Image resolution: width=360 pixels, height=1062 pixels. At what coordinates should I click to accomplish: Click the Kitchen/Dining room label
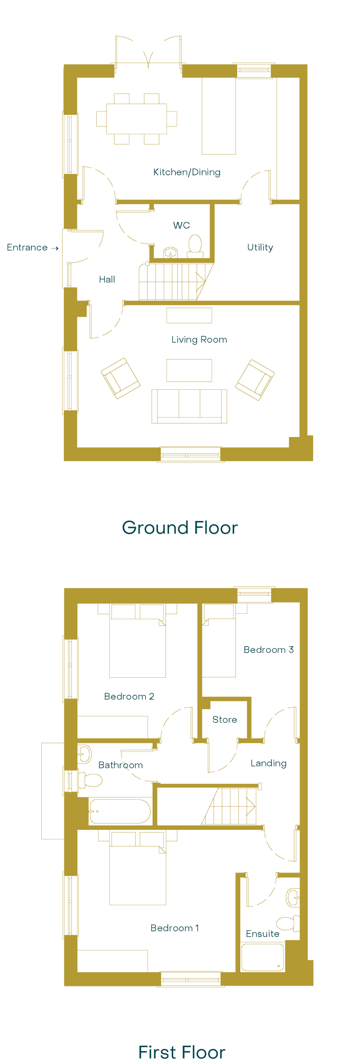click(x=187, y=172)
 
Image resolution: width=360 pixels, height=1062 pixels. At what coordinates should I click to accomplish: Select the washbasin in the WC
click(x=171, y=252)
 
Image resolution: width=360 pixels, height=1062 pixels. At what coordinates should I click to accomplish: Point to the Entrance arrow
click(x=55, y=248)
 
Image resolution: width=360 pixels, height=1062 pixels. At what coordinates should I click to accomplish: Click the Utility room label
click(x=260, y=247)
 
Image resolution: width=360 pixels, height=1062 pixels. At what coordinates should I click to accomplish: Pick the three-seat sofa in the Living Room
click(x=189, y=406)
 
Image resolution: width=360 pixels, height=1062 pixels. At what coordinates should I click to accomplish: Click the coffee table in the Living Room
click(x=189, y=370)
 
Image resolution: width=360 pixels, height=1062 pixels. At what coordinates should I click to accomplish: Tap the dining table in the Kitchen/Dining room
click(x=136, y=119)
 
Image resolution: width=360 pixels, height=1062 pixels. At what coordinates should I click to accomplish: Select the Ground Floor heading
click(x=180, y=527)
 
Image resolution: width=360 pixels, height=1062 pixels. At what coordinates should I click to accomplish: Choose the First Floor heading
click(x=181, y=1052)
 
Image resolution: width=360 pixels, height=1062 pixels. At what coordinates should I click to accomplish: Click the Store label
click(x=225, y=720)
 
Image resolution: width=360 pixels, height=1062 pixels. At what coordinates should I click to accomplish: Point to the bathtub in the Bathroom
click(x=120, y=811)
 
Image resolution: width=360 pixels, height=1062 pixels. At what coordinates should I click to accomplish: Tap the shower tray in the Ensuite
click(x=262, y=957)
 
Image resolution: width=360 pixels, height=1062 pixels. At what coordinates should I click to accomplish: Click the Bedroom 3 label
click(x=269, y=649)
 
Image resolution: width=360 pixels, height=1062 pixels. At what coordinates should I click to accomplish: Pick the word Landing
click(x=269, y=763)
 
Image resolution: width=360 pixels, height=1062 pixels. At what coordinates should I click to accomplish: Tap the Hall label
click(x=107, y=279)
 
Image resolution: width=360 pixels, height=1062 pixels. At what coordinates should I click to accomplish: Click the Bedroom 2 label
click(x=129, y=696)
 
